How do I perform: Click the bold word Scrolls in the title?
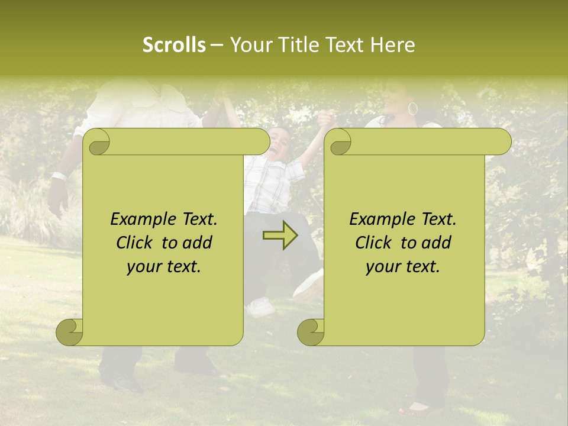(x=174, y=45)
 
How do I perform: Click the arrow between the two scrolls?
(x=280, y=235)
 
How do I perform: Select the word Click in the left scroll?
(x=135, y=243)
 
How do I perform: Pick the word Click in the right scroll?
(x=375, y=243)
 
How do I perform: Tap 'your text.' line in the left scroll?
(x=164, y=266)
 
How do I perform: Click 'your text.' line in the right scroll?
(x=403, y=266)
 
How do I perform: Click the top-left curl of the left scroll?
(x=96, y=142)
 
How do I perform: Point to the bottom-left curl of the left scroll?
(x=70, y=332)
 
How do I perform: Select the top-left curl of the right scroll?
(x=338, y=142)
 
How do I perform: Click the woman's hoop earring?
(x=412, y=109)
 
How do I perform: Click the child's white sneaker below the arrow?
(x=260, y=306)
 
